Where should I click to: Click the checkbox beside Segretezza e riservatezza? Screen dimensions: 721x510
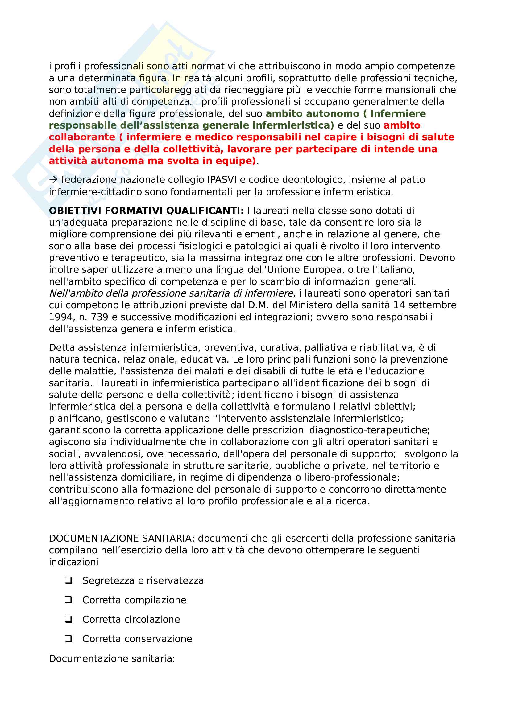[68, 581]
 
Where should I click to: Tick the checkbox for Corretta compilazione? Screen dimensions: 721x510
[68, 600]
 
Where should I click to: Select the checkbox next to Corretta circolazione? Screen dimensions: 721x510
[68, 620]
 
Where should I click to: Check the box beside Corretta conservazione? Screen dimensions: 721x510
[68, 639]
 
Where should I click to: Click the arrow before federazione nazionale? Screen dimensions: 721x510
[53, 180]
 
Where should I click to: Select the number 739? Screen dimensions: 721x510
[99, 317]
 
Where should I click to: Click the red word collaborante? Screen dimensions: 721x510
[82, 137]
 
